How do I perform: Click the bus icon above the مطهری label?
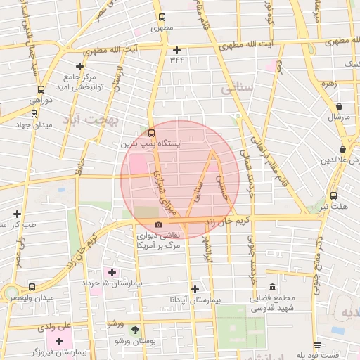(x=162, y=18)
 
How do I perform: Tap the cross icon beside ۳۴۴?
(x=176, y=50)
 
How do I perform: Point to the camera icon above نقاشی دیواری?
(x=157, y=225)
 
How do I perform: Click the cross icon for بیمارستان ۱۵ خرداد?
(x=112, y=271)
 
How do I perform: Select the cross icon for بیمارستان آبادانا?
(x=195, y=288)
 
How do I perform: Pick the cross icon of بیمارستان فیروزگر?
(x=59, y=341)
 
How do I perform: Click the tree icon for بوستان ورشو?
(x=135, y=330)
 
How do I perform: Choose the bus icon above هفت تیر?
(x=333, y=197)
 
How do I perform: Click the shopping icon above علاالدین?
(x=342, y=150)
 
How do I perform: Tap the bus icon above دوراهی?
(x=41, y=89)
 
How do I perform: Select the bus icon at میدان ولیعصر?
(x=32, y=287)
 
